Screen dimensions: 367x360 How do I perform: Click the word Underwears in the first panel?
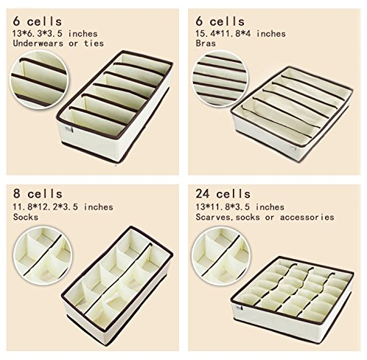[x=38, y=44]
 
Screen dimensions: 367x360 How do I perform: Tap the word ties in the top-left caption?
[x=94, y=44]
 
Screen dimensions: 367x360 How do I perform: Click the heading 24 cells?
[x=223, y=194]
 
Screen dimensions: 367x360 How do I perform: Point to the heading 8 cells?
[x=38, y=194]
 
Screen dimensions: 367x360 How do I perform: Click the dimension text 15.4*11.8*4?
[x=223, y=33]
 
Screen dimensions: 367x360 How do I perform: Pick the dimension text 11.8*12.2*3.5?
[x=46, y=207]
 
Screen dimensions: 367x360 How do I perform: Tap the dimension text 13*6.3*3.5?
[x=38, y=33]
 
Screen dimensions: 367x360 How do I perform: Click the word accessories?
[x=307, y=217]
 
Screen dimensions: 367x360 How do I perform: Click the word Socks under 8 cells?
[x=26, y=217]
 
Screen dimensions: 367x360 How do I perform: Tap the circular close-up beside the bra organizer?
[x=220, y=78]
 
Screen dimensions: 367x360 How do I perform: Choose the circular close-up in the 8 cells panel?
[x=43, y=257]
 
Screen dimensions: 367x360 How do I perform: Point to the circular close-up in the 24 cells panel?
[x=220, y=257]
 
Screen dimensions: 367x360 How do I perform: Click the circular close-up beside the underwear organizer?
[x=39, y=79]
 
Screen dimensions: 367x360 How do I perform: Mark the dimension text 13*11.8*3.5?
[x=223, y=207]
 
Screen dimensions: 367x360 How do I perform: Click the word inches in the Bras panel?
[x=271, y=33]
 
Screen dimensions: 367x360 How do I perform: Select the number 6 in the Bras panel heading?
[x=199, y=21]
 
